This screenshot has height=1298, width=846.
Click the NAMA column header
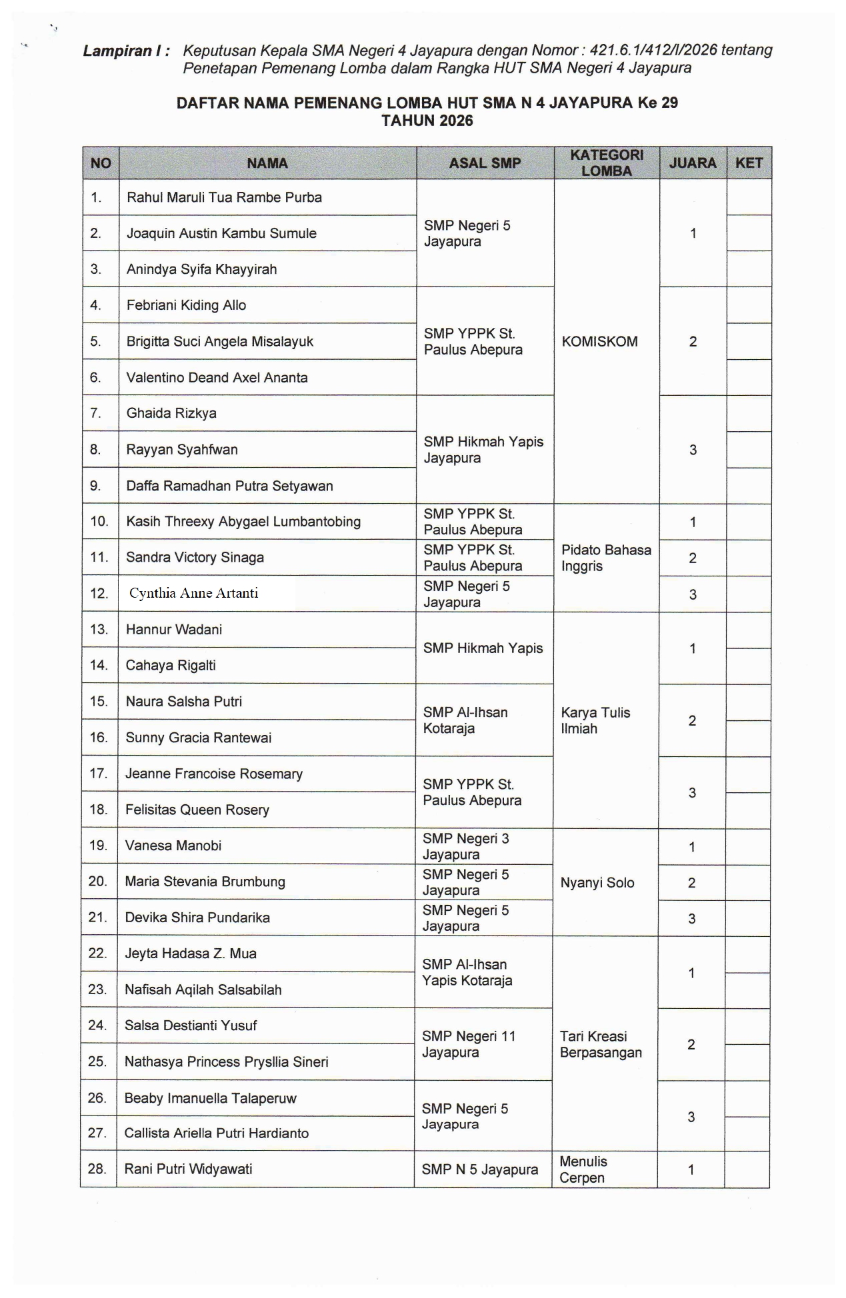pyautogui.click(x=267, y=163)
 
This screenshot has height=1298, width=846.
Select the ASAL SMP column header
pyautogui.click(x=485, y=163)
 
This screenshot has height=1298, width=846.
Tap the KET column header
pyautogui.click(x=749, y=163)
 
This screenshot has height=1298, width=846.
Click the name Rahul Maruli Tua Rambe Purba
pyautogui.click(x=224, y=198)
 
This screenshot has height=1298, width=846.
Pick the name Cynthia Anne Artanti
pyautogui.click(x=193, y=593)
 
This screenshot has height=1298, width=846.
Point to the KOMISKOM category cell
pyautogui.click(x=599, y=342)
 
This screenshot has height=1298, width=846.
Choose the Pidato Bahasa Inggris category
pyautogui.click(x=605, y=558)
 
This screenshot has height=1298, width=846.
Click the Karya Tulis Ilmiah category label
pyautogui.click(x=595, y=720)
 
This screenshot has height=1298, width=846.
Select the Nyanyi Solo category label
pyautogui.click(x=597, y=883)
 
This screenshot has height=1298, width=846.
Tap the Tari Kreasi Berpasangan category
pyautogui.click(x=601, y=1044)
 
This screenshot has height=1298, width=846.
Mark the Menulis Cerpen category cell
pyautogui.click(x=583, y=1169)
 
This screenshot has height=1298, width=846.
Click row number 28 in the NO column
pyautogui.click(x=97, y=1169)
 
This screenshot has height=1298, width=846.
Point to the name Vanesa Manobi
pyautogui.click(x=173, y=846)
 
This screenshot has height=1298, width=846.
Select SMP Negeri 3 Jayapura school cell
pyautogui.click(x=465, y=846)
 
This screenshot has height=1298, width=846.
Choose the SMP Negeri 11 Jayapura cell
pyautogui.click(x=468, y=1044)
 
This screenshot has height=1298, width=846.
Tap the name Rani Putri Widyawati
pyautogui.click(x=188, y=1169)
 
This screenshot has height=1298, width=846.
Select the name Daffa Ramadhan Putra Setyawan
pyautogui.click(x=229, y=486)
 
